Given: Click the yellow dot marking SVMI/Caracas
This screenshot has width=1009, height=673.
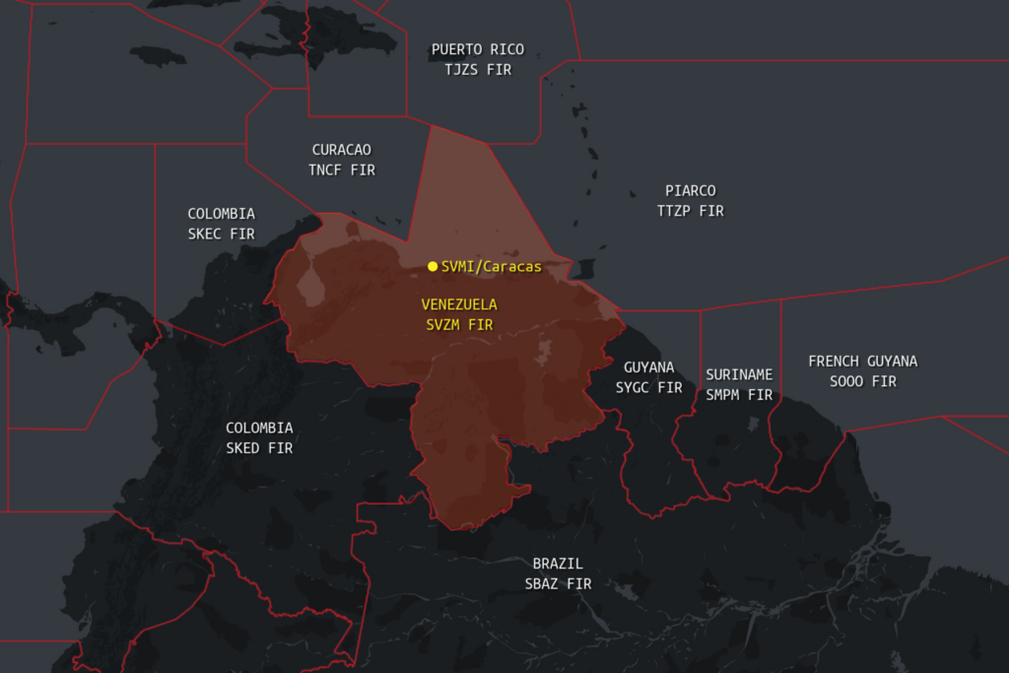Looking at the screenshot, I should coord(433,266).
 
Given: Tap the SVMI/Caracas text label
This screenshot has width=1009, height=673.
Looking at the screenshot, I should coord(491,266).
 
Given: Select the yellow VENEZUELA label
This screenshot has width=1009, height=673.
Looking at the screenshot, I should coord(459,303).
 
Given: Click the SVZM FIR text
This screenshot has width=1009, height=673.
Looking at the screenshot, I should coord(459,324).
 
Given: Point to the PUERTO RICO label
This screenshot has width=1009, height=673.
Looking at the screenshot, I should coord(478,49).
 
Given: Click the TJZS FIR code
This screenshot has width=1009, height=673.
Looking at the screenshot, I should coord(478,70).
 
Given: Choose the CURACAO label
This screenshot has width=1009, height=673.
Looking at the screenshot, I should coord(342,150).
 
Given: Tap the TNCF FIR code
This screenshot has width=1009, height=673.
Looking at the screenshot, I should coord(342,169).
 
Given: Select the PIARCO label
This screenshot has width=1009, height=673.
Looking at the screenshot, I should coord(691,190).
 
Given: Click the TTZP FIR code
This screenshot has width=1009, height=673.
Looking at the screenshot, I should coord(691,211).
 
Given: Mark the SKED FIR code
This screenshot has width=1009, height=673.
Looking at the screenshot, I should coord(259,448).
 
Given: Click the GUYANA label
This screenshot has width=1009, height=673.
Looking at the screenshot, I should coord(649,367).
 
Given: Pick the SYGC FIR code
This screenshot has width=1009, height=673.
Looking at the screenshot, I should coord(649,387).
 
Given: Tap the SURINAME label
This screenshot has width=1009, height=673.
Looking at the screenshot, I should coord(739,374).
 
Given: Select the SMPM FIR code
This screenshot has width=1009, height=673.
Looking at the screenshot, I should coord(739,395).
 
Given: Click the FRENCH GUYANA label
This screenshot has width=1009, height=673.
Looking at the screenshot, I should coord(862,361).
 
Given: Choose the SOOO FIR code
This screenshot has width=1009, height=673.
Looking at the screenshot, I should coord(862,381).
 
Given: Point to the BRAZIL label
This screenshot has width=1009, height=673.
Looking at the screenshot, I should coord(558,564).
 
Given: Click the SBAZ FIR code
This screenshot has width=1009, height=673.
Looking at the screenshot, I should coord(558,583).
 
